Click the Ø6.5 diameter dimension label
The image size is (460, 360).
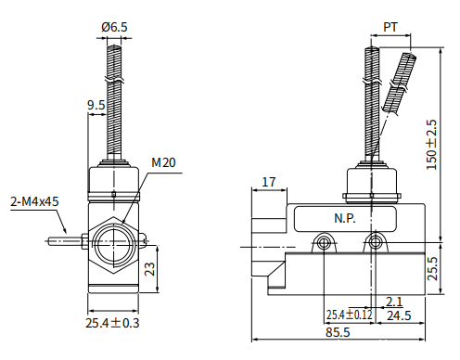pyautogui.click(x=114, y=28)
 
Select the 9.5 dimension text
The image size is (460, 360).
pyautogui.click(x=96, y=106)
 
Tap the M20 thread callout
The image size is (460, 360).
pyautogui.click(x=163, y=163)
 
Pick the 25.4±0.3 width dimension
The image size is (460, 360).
pyautogui.click(x=112, y=323)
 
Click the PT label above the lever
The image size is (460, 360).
pyautogui.click(x=391, y=28)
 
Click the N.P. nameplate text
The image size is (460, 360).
pyautogui.click(x=346, y=219)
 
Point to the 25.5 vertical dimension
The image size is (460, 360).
pyautogui.click(x=431, y=269)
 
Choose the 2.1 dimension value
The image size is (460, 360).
pyautogui.click(x=393, y=302)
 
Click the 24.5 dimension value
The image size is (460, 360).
pyautogui.click(x=399, y=315)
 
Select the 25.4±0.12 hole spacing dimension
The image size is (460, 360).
pyautogui.click(x=349, y=315)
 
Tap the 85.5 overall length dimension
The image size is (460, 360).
pyautogui.click(x=338, y=332)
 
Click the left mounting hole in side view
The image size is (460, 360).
pyautogui.click(x=324, y=244)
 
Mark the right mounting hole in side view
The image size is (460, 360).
pyautogui.click(x=376, y=244)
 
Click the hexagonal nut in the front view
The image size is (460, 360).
pyautogui.click(x=112, y=245)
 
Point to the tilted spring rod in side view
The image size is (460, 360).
pyautogui.click(x=400, y=84)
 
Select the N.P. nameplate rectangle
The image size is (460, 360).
pyautogui.click(x=346, y=219)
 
